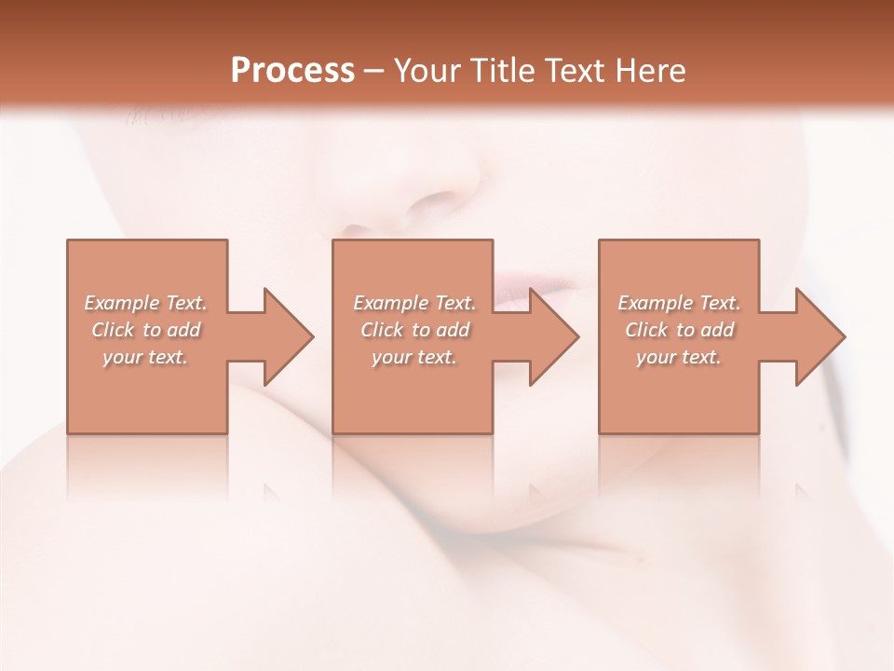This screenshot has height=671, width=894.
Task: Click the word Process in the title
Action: pyautogui.click(x=292, y=71)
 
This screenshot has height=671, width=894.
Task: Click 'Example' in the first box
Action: pyautogui.click(x=121, y=303)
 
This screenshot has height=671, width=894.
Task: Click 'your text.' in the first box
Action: pyautogui.click(x=145, y=357)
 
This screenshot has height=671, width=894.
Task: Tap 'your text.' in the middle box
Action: pyautogui.click(x=413, y=357)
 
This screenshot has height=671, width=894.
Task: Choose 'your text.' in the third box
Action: pyautogui.click(x=679, y=357)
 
